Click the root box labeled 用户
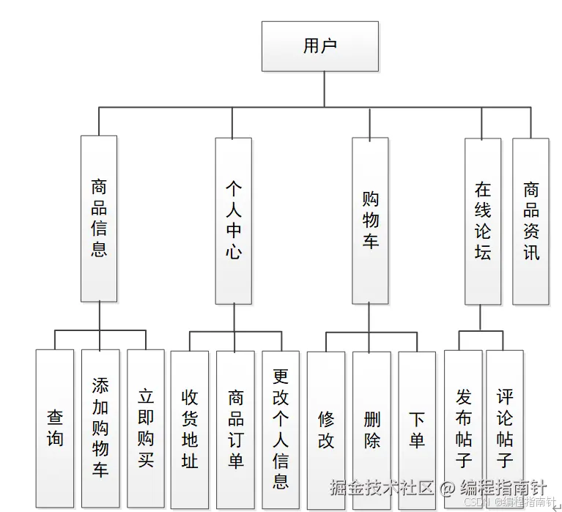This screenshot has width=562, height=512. click(x=320, y=46)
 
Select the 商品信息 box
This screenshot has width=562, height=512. click(x=99, y=218)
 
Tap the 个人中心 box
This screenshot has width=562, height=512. click(x=233, y=220)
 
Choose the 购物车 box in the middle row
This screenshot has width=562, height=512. click(x=370, y=220)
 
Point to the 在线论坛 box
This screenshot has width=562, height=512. click(x=483, y=220)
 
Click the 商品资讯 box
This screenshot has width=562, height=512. click(x=530, y=220)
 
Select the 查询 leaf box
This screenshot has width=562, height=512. click(x=55, y=428)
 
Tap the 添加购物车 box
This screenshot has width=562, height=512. click(x=100, y=428)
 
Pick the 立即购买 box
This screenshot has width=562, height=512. click(x=146, y=428)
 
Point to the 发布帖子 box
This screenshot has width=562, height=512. click(x=463, y=428)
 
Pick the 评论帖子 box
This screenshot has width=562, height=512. click(x=505, y=428)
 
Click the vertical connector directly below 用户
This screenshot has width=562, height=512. click(x=320, y=89)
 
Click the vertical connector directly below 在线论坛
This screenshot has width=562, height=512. click(x=481, y=318)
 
